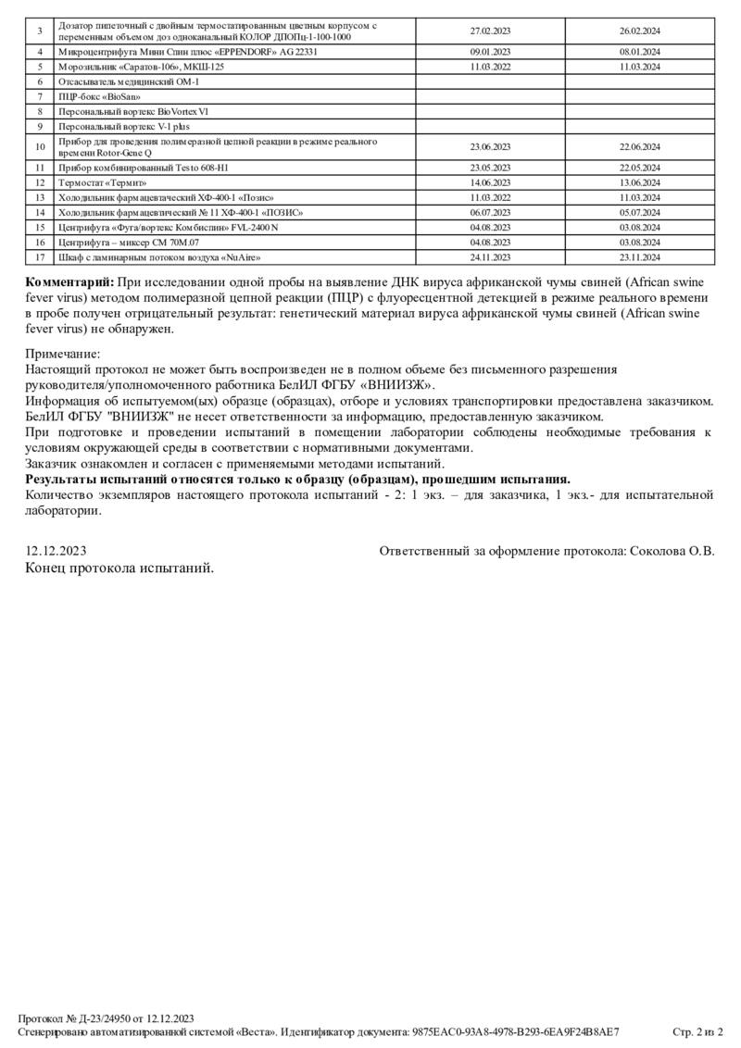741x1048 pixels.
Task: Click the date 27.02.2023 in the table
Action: click(490, 31)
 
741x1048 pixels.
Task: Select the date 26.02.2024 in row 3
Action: click(639, 31)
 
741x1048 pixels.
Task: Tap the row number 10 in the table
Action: click(40, 146)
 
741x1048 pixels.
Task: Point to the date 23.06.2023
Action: click(490, 146)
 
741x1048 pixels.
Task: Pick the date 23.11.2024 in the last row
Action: click(639, 256)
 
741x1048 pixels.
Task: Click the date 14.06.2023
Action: click(490, 183)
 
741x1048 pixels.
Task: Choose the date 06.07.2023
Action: click(490, 212)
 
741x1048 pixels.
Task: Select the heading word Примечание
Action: click(63, 354)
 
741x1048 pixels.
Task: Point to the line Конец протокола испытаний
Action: click(119, 568)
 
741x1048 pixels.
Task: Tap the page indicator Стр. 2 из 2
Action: click(697, 1031)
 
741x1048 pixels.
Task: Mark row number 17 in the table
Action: click(40, 256)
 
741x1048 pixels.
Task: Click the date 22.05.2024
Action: click(639, 168)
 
